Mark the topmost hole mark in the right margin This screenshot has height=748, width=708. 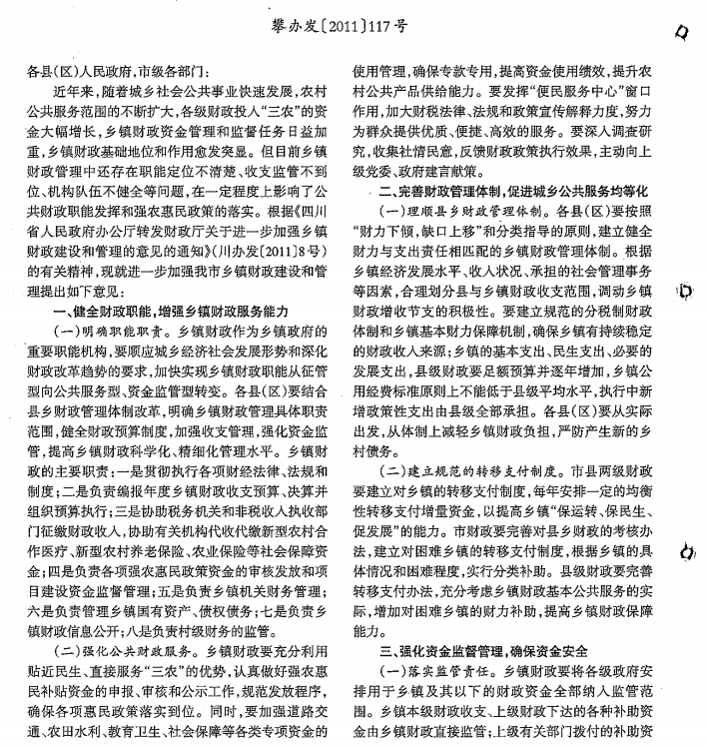point(681,33)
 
